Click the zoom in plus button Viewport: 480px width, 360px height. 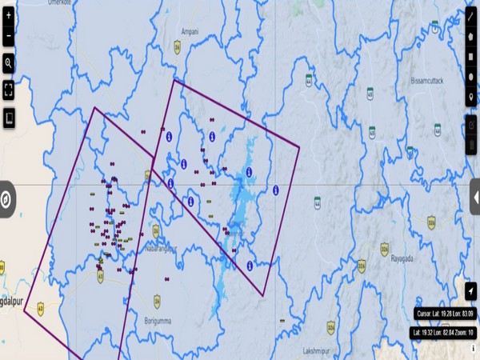click(x=9, y=15)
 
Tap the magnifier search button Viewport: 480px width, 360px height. click(x=9, y=62)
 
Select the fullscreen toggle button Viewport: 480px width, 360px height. click(x=9, y=90)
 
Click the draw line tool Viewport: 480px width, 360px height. click(x=470, y=15)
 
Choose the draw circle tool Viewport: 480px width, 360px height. click(x=470, y=78)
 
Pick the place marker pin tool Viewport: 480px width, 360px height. click(x=470, y=98)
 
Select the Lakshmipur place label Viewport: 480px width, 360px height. click(x=316, y=351)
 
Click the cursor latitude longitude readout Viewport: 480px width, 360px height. click(x=445, y=314)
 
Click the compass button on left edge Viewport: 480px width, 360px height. click(x=5, y=200)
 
